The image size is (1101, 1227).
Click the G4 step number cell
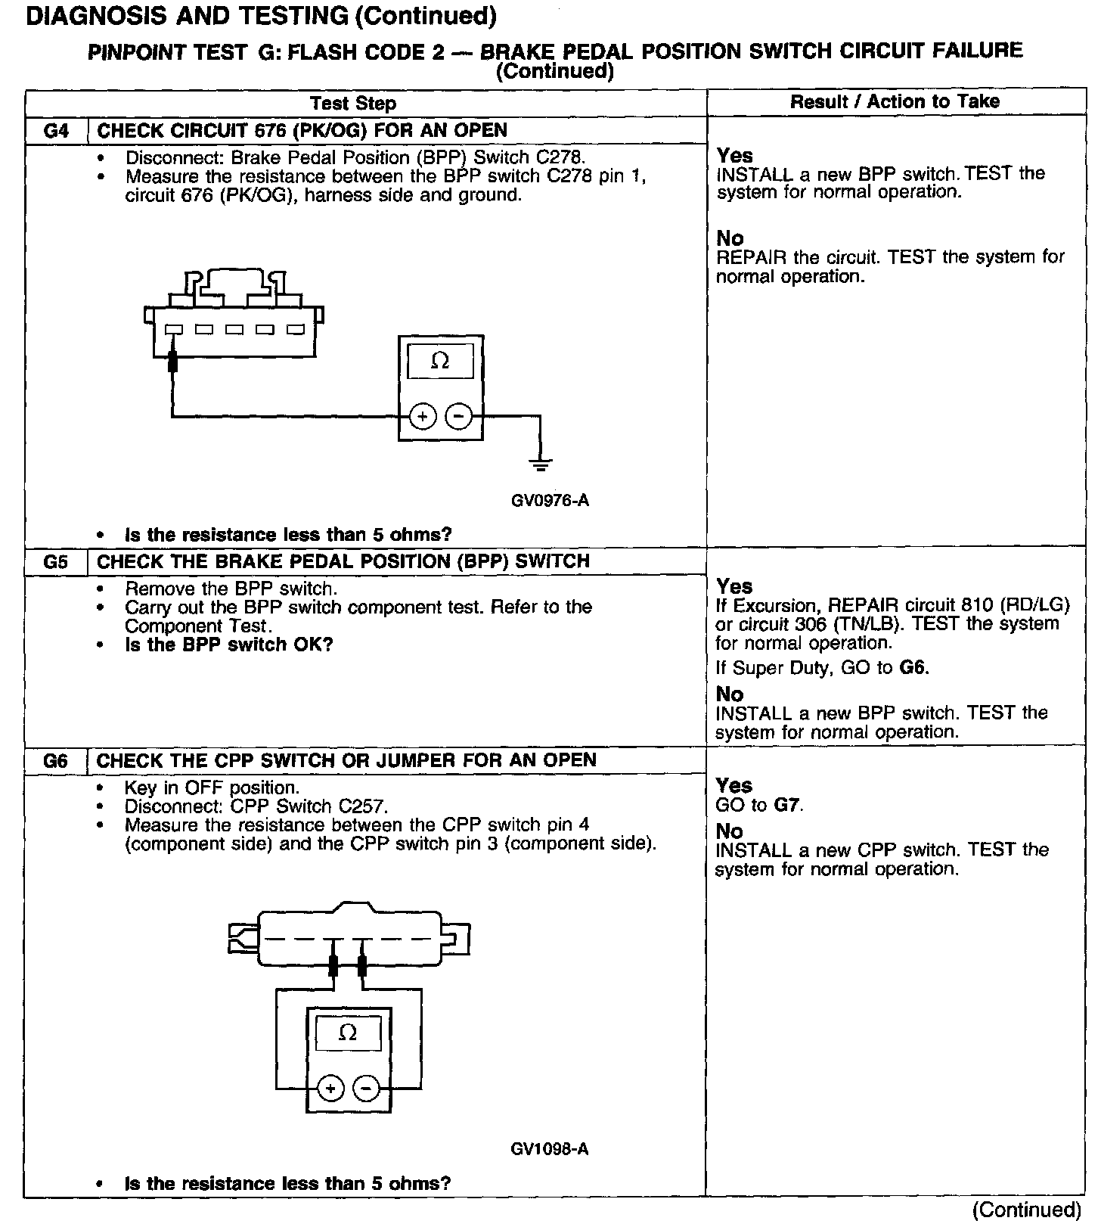point(57,131)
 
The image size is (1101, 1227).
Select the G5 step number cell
point(57,562)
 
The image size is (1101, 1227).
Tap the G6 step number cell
point(57,761)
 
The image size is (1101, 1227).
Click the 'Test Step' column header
point(353,103)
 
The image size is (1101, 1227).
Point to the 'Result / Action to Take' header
point(895,101)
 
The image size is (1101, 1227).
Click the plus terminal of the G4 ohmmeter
point(423,417)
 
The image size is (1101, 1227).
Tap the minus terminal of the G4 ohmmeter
point(458,417)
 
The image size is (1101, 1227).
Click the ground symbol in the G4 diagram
point(540,464)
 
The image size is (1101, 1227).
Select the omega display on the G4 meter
point(440,362)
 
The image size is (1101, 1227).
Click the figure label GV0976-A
point(550,501)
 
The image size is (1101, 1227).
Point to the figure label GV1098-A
point(550,1149)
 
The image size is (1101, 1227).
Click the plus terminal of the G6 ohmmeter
point(330,1089)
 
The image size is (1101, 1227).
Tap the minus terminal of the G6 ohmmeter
point(366,1089)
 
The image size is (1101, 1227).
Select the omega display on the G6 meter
point(348,1033)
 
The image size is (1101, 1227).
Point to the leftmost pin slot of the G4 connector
point(173,330)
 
